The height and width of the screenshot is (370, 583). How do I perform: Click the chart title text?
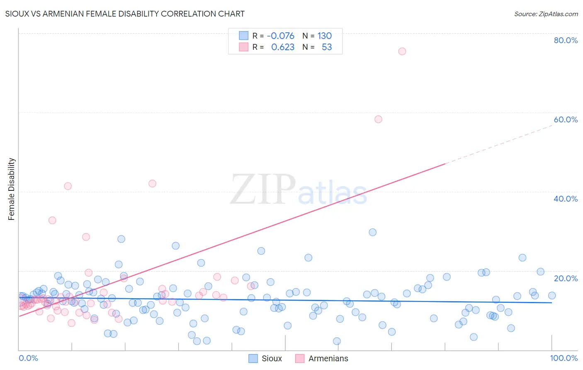click(x=125, y=14)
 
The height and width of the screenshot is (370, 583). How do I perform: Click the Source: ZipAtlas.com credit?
click(x=546, y=14)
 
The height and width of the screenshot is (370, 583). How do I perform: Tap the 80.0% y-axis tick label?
click(x=566, y=40)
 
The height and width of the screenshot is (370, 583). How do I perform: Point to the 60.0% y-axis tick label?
click(x=566, y=119)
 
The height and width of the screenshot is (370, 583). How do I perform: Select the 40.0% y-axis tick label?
click(x=566, y=199)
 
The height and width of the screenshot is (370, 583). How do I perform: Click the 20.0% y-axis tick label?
click(x=566, y=278)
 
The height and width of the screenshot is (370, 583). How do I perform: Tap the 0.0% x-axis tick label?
click(x=28, y=358)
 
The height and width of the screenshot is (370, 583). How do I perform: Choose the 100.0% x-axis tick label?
click(x=564, y=358)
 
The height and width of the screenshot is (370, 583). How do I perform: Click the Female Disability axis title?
click(x=12, y=189)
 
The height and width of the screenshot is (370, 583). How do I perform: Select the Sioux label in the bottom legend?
click(x=272, y=358)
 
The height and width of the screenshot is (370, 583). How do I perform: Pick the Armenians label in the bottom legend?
click(x=328, y=358)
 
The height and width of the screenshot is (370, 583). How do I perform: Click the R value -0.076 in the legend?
click(x=280, y=36)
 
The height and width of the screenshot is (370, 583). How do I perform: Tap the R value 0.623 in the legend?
click(x=282, y=47)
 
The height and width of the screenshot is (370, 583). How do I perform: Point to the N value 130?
click(x=325, y=36)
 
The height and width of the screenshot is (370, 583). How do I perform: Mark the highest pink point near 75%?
click(x=402, y=51)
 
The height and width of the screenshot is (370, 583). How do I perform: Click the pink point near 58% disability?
click(x=378, y=119)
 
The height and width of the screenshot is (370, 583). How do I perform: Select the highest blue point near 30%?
click(x=372, y=232)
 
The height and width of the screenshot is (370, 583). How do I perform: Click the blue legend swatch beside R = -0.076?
click(x=243, y=36)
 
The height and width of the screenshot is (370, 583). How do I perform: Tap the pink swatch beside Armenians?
click(x=300, y=358)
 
